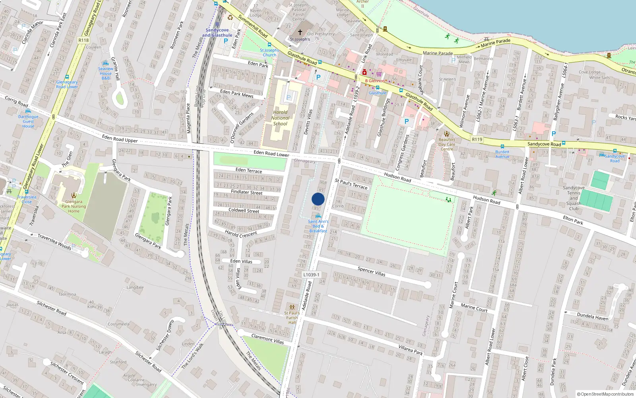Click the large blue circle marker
click(318, 199)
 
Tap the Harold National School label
click(280, 118)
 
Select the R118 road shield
click(83, 40)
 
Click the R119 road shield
click(477, 139)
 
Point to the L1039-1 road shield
click(311, 275)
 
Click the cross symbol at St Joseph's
click(300, 32)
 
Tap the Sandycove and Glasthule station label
click(217, 33)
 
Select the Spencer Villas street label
click(371, 271)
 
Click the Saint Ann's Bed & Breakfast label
click(318, 226)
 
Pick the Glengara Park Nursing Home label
click(74, 206)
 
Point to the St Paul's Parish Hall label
click(292, 318)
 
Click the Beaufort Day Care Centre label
click(447, 144)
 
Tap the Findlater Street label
click(246, 192)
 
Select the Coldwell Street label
click(244, 211)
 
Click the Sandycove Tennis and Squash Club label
click(574, 198)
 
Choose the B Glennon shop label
click(375, 81)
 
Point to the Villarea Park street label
click(411, 350)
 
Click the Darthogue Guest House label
click(28, 121)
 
